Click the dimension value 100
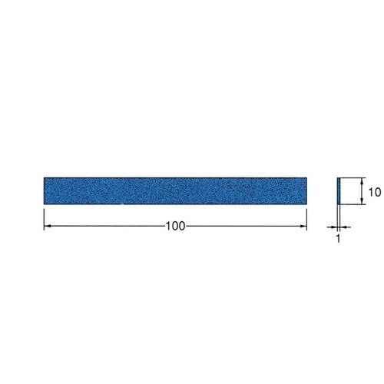pyautogui.click(x=175, y=226)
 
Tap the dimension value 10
pyautogui.click(x=375, y=192)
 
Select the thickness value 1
pyautogui.click(x=339, y=238)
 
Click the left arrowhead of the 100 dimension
pyautogui.click(x=47, y=226)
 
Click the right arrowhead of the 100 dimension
pyautogui.click(x=303, y=226)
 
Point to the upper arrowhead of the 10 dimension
pyautogui.click(x=362, y=181)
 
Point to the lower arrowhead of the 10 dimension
pyautogui.click(x=362, y=201)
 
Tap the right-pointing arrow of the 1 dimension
pyautogui.click(x=334, y=227)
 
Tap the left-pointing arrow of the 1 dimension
pyautogui.click(x=343, y=227)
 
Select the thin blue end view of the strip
pyautogui.click(x=339, y=191)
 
